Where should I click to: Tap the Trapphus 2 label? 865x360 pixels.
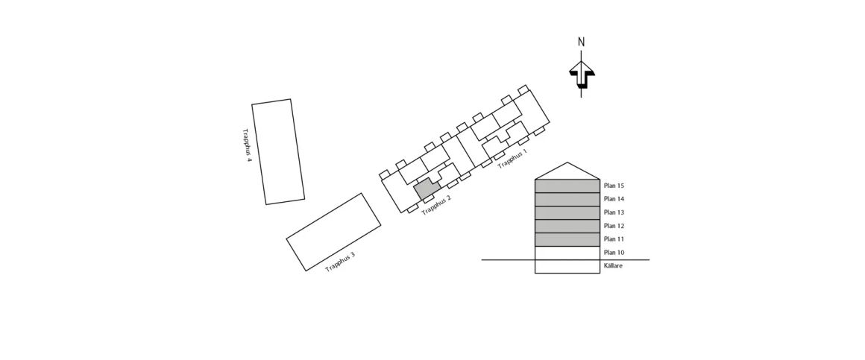[x=436, y=205]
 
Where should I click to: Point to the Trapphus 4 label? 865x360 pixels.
[x=247, y=145]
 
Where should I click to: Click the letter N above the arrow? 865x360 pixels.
[x=581, y=42]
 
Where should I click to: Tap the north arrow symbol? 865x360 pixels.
[x=582, y=75]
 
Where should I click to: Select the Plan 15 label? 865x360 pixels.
[x=614, y=186]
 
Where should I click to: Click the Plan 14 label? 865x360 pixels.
[x=614, y=199]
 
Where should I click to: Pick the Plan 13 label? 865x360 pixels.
[x=614, y=212]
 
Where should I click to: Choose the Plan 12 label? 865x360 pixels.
[x=614, y=226]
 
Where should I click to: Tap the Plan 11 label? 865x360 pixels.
[x=614, y=239]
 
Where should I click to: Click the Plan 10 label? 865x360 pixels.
[x=614, y=253]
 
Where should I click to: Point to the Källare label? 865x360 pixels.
[x=614, y=266]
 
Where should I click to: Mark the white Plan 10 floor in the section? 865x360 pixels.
[x=567, y=253]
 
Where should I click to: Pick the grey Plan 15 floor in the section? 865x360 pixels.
[x=567, y=186]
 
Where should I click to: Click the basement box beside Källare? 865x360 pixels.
[x=567, y=266]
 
